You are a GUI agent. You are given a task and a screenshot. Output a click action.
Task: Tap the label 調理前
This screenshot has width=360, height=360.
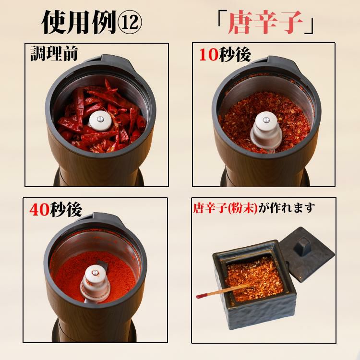click(x=54, y=54)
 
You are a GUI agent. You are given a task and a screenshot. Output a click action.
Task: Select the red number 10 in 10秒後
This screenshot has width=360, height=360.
click(x=208, y=55)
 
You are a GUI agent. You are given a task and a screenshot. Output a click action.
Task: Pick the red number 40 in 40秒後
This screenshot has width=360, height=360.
click(x=39, y=210)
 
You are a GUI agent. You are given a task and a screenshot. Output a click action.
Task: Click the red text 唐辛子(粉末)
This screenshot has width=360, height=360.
click(x=225, y=208)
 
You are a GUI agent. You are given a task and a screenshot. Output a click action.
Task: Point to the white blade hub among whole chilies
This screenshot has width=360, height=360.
click(x=100, y=120)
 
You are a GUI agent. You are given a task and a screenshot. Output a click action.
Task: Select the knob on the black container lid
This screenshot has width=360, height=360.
click(x=303, y=246)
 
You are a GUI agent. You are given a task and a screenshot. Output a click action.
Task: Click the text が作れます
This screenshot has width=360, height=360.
click(x=286, y=208)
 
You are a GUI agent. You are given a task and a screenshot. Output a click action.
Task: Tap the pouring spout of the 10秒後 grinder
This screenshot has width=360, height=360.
click(x=281, y=61)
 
